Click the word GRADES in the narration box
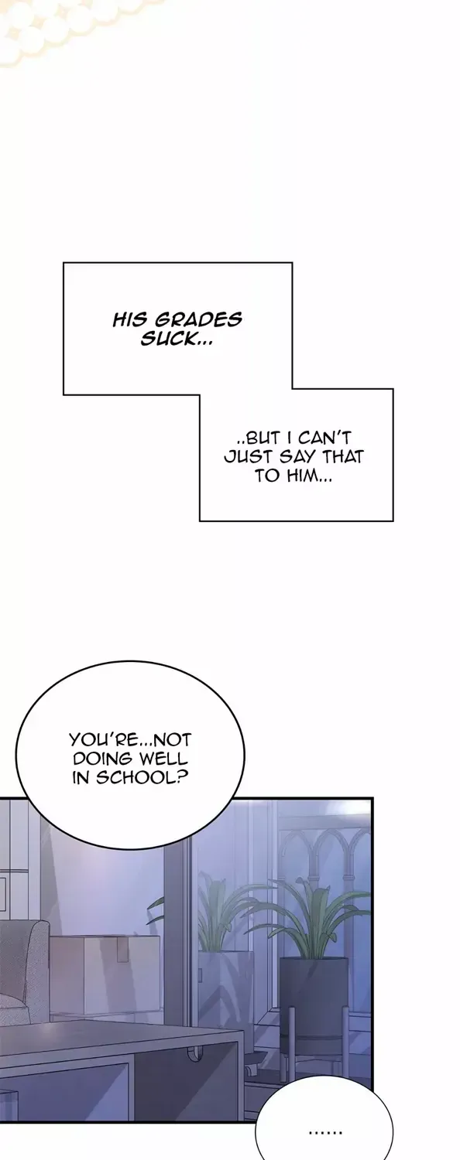pyautogui.click(x=199, y=319)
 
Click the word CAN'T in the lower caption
pyautogui.click(x=324, y=438)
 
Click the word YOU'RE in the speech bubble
pyautogui.click(x=99, y=739)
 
